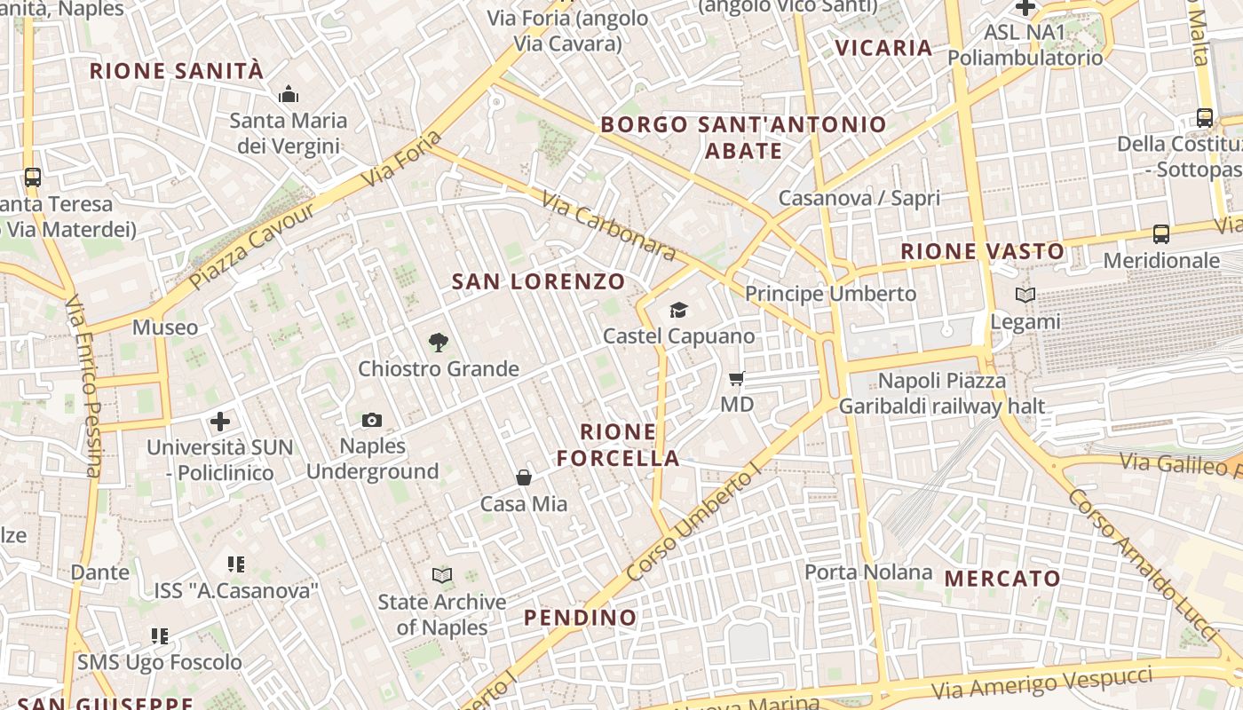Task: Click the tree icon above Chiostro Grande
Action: pyautogui.click(x=438, y=343)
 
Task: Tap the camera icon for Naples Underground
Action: pyautogui.click(x=372, y=420)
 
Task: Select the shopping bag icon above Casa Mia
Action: pyautogui.click(x=524, y=477)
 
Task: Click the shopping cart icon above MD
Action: pyautogui.click(x=736, y=379)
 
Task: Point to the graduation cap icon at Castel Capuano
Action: pyautogui.click(x=678, y=310)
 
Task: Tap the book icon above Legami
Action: pyautogui.click(x=1025, y=296)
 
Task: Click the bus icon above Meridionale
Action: pyautogui.click(x=1160, y=234)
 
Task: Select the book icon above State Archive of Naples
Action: pyautogui.click(x=441, y=575)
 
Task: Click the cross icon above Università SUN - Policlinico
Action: pyautogui.click(x=220, y=422)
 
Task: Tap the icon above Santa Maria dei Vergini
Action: pyautogui.click(x=288, y=94)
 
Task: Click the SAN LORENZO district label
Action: pyautogui.click(x=539, y=282)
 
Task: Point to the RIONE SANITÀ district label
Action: pyautogui.click(x=177, y=71)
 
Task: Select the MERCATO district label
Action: pyautogui.click(x=1002, y=580)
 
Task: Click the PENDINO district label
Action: pyautogui.click(x=580, y=618)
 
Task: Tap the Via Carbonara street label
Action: pyautogui.click(x=608, y=227)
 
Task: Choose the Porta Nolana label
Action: pyautogui.click(x=868, y=572)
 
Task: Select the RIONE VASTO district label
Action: pyautogui.click(x=983, y=251)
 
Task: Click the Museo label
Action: pyautogui.click(x=165, y=327)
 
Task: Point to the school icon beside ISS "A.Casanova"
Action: pyautogui.click(x=235, y=564)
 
